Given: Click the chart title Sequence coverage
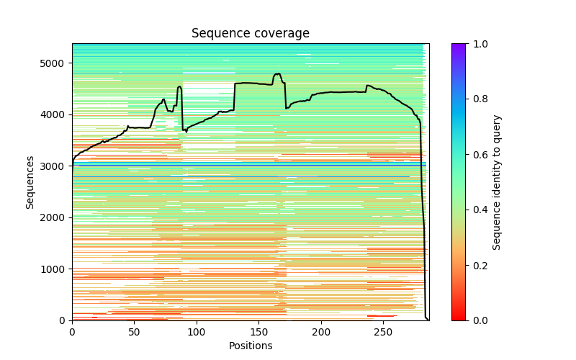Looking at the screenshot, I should tap(250, 33).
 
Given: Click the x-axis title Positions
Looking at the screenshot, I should tap(250, 346).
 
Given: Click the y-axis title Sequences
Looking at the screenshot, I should tap(30, 181).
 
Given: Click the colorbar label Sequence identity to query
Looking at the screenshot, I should tap(497, 181).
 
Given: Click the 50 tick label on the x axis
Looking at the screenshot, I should tap(134, 332).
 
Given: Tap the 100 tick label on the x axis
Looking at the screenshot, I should tap(197, 332).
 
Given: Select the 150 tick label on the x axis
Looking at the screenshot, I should tap(258, 332).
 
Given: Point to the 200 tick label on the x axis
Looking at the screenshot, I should tap(321, 332).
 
